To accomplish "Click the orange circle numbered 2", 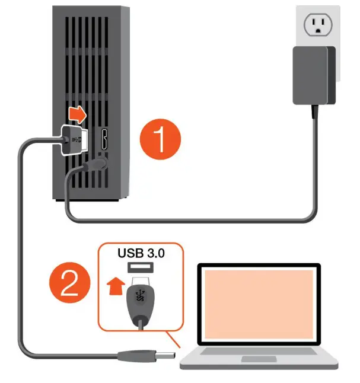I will pos(70,284).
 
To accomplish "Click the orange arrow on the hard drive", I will pos(75,112).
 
